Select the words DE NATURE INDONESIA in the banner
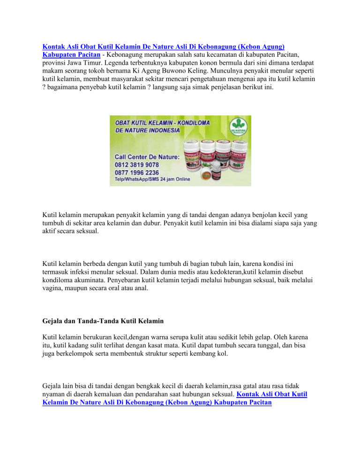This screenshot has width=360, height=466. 147,130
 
